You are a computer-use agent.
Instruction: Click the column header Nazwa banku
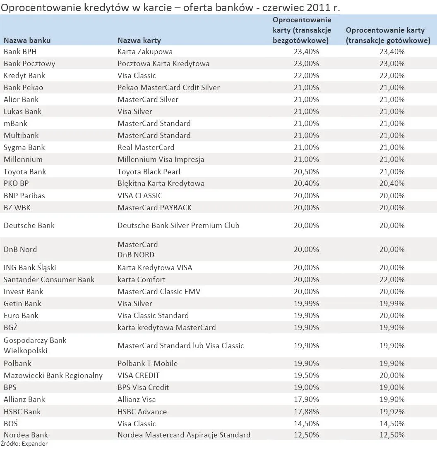pyautogui.click(x=27, y=40)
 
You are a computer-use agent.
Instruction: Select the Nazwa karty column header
pyautogui.click(x=139, y=40)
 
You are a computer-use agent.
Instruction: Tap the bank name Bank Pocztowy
pyautogui.click(x=29, y=64)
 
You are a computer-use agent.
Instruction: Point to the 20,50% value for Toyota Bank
pyautogui.click(x=306, y=171)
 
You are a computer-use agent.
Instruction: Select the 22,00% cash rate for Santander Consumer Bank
pyautogui.click(x=392, y=280)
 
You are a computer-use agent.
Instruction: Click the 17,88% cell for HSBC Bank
pyautogui.click(x=306, y=411)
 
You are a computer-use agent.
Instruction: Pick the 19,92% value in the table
pyautogui.click(x=392, y=411)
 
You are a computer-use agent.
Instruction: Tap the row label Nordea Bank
pyautogui.click(x=26, y=435)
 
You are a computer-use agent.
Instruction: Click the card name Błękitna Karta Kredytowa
pyautogui.click(x=161, y=183)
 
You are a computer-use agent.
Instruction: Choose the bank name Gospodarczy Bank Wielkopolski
pyautogui.click(x=35, y=345)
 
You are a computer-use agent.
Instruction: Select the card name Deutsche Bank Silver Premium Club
pyautogui.click(x=178, y=226)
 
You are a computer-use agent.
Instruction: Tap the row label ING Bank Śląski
pyautogui.click(x=30, y=268)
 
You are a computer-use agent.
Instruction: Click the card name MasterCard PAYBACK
pyautogui.click(x=154, y=207)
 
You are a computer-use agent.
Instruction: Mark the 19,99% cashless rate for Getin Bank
pyautogui.click(x=306, y=304)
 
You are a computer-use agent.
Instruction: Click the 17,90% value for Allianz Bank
pyautogui.click(x=306, y=399)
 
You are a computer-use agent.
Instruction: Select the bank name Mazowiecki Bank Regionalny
pyautogui.click(x=53, y=375)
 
